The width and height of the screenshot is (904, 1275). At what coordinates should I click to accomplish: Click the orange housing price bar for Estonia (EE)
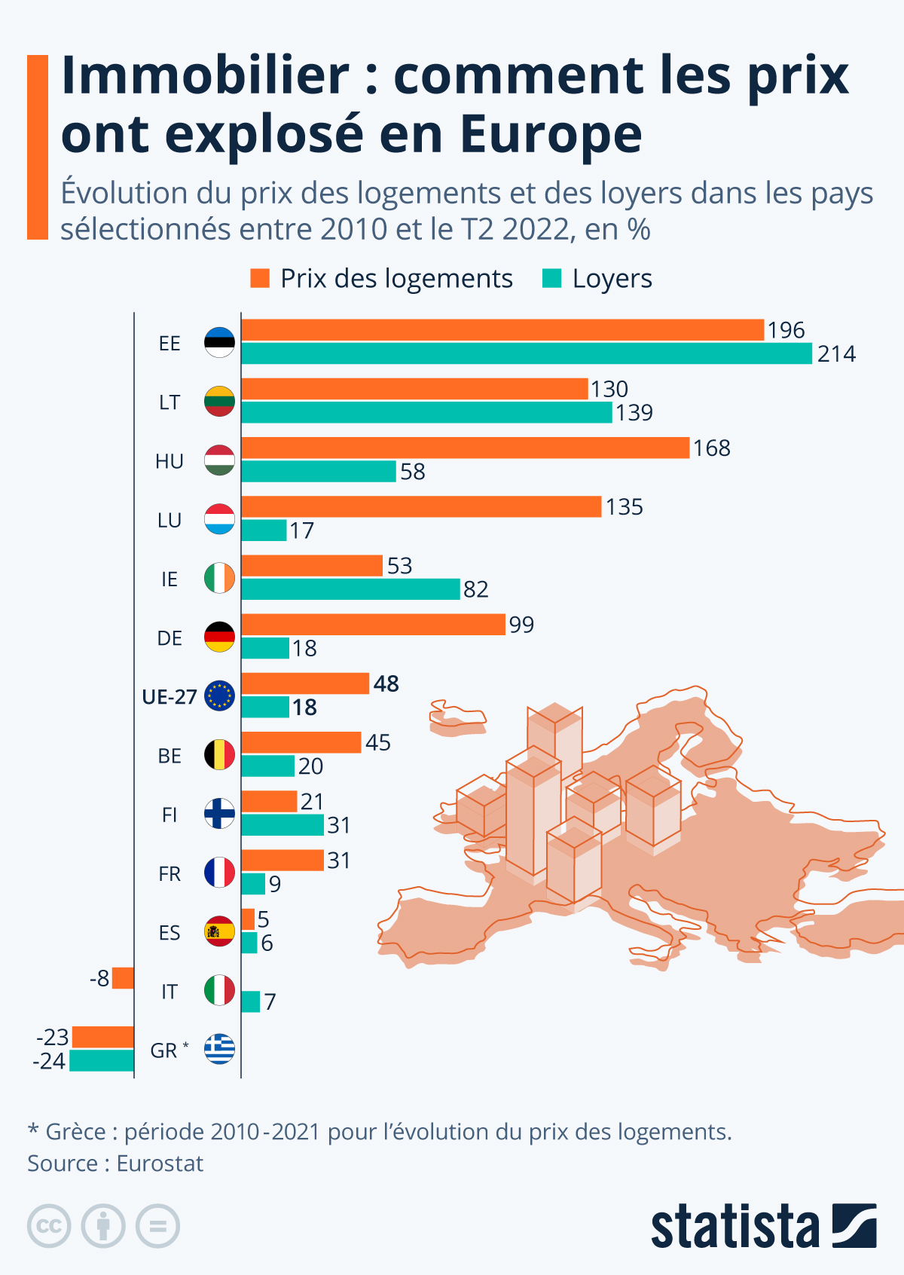click(x=502, y=330)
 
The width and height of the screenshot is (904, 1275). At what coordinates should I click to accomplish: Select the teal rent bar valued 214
click(x=527, y=353)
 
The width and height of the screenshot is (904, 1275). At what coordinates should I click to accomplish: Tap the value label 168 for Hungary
click(x=711, y=448)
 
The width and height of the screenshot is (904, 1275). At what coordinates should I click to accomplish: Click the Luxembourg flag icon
click(x=219, y=520)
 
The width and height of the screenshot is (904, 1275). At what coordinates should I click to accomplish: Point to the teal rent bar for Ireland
click(x=350, y=589)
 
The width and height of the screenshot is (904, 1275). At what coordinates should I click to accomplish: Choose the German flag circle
click(x=219, y=637)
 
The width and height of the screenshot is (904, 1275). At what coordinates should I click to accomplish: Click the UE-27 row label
click(x=169, y=697)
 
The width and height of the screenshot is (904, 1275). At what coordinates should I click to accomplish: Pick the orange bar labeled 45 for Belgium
click(x=301, y=742)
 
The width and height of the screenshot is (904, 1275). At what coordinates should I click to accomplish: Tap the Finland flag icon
click(x=219, y=814)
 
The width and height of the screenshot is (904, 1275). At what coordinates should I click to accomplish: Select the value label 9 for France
click(x=275, y=884)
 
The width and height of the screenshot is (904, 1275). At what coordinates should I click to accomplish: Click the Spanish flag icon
click(x=219, y=932)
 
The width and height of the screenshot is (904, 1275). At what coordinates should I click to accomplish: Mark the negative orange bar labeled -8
click(x=123, y=978)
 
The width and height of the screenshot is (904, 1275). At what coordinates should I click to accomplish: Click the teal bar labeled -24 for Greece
click(x=102, y=1061)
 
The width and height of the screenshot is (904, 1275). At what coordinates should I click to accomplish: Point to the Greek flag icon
click(x=219, y=1049)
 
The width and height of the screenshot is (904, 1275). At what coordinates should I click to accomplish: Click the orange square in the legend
click(x=260, y=278)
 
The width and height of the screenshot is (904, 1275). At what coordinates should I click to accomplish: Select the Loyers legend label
click(x=612, y=279)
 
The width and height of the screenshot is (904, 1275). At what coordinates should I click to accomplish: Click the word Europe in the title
click(x=551, y=135)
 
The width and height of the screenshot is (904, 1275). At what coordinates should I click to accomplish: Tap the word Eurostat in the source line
click(x=160, y=1163)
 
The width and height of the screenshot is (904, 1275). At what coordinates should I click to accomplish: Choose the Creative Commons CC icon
click(x=49, y=1226)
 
